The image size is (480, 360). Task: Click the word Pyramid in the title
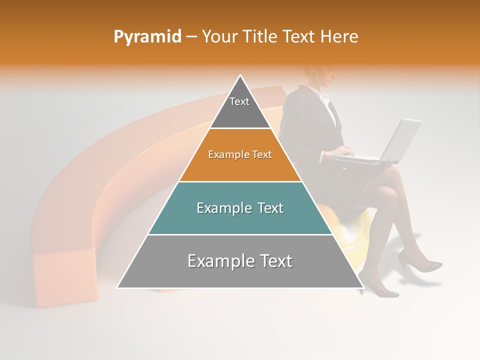coord(147,37)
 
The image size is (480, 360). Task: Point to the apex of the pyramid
coord(240,76)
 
